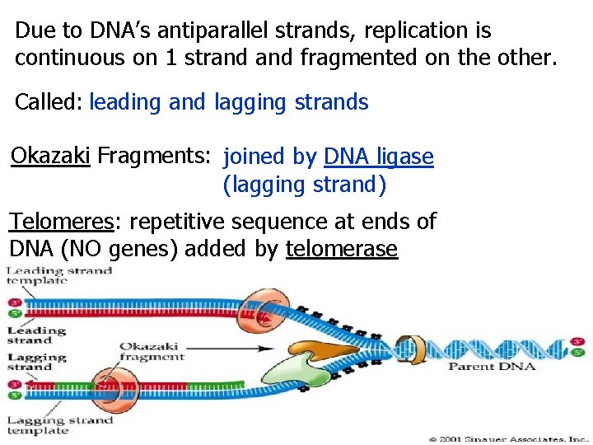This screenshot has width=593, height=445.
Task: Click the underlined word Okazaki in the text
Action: pyautogui.click(x=50, y=156)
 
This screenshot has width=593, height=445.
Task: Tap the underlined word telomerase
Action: pyautogui.click(x=342, y=249)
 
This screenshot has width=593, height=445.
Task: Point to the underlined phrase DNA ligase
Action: pyautogui.click(x=378, y=157)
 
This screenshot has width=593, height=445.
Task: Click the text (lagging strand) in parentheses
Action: pyautogui.click(x=304, y=185)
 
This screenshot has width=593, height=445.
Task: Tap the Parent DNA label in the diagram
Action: pyautogui.click(x=491, y=366)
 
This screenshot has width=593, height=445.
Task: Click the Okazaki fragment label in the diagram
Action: pyautogui.click(x=152, y=352)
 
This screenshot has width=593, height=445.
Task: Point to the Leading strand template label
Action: pyautogui.click(x=58, y=276)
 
